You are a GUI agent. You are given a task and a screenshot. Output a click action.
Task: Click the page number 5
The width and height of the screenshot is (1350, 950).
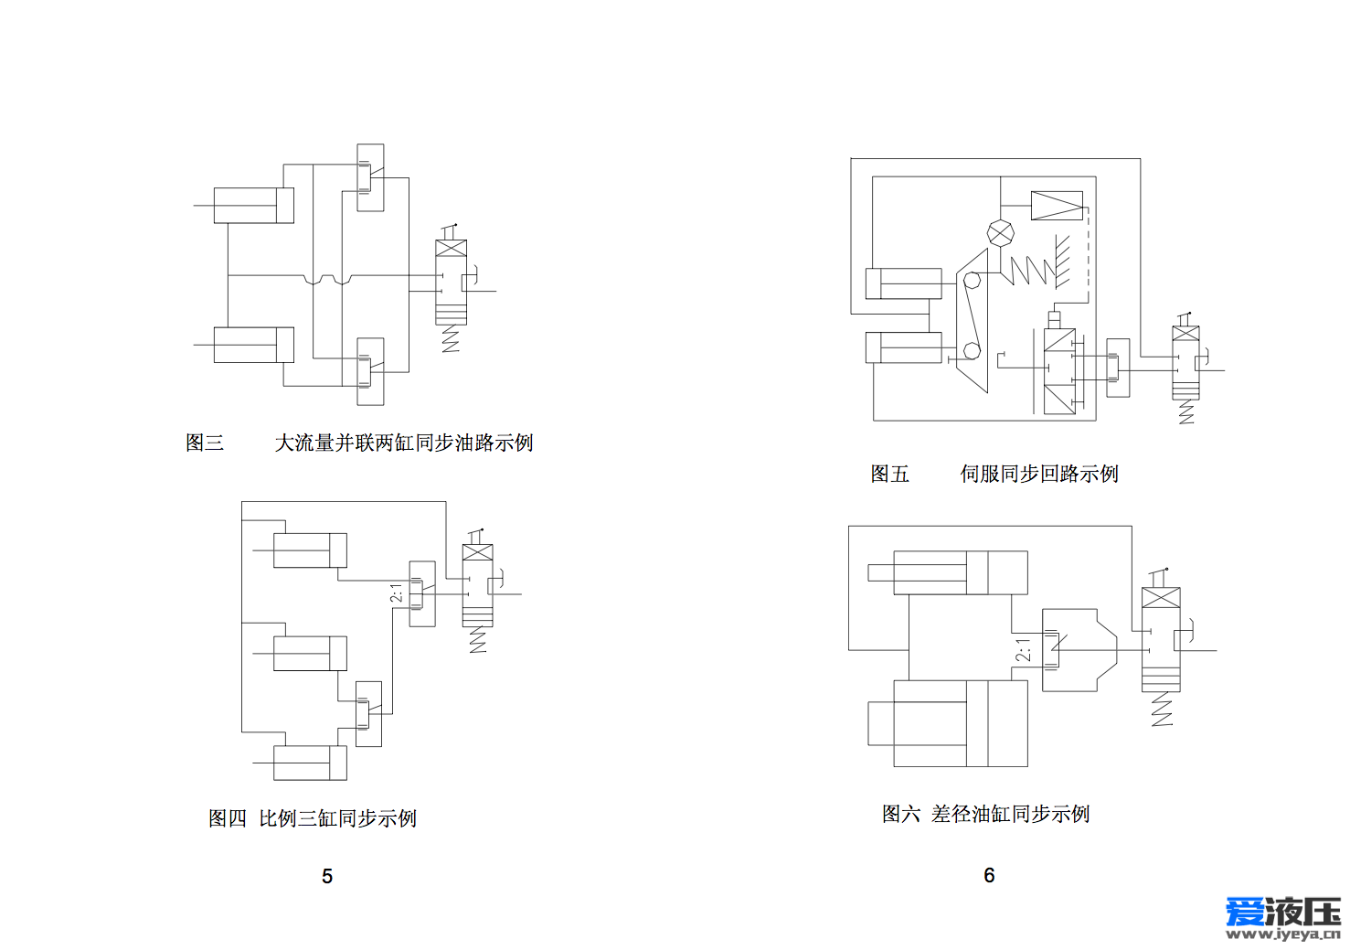[326, 876]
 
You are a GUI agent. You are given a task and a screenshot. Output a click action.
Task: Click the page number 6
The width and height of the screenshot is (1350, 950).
[989, 875]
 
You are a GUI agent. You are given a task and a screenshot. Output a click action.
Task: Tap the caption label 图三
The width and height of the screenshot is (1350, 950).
[205, 443]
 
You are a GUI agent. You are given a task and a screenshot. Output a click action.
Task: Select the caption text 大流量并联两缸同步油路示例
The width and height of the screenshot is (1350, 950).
[404, 443]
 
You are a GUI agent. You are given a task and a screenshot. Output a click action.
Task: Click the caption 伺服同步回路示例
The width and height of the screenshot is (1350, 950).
[1039, 474]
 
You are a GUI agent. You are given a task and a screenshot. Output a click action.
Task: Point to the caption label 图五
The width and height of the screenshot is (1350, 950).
[889, 474]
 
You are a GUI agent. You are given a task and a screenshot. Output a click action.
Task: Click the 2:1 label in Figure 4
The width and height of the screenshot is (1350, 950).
[396, 592]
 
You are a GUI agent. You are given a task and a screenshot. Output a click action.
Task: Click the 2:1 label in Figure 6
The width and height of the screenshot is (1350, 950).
[1024, 650]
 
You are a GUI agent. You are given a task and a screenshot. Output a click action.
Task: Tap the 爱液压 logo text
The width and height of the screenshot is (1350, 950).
[1282, 912]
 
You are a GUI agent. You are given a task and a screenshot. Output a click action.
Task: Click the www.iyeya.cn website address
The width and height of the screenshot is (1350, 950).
[1282, 934]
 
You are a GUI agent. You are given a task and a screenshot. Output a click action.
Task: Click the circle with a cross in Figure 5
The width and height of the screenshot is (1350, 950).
[1001, 233]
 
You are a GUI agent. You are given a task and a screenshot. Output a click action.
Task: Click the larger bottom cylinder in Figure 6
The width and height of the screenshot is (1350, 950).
[948, 723]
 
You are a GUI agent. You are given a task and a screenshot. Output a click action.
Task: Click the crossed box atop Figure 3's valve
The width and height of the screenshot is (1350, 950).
[451, 249]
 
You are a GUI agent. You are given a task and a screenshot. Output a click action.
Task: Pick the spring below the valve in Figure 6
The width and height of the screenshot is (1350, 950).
[1162, 709]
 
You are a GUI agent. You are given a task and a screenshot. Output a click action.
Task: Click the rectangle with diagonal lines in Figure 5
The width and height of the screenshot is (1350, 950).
[1057, 206]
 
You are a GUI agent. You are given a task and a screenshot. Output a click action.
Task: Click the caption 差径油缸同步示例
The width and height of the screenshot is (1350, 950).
[1010, 814]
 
